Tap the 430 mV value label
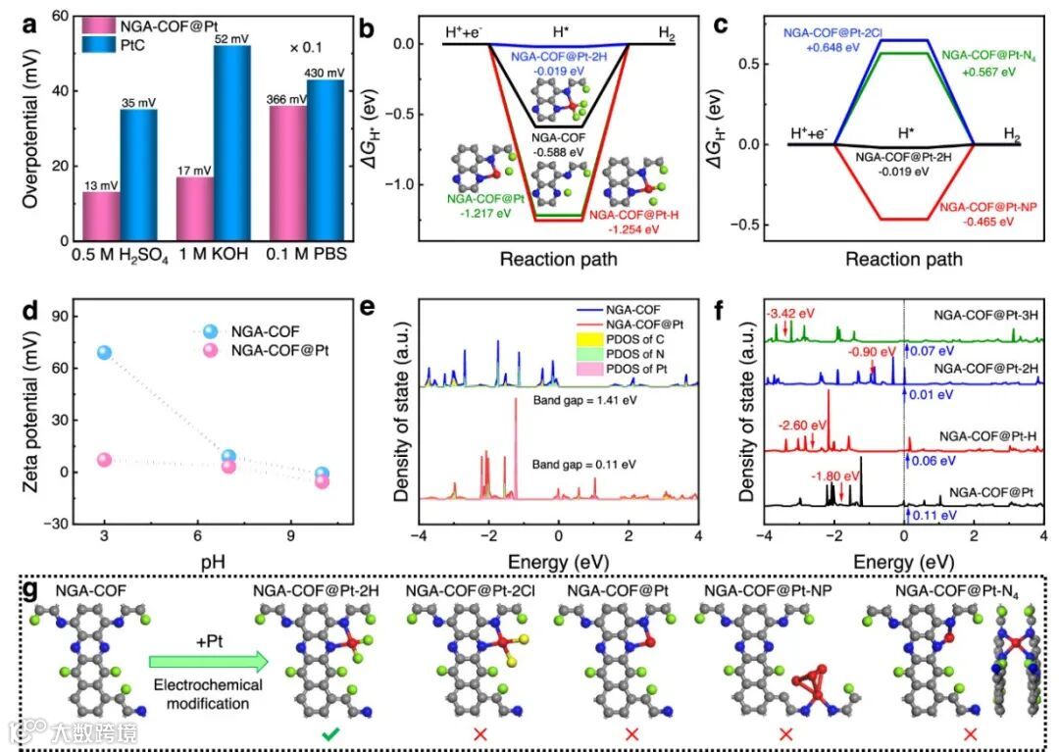pyautogui.click(x=326, y=73)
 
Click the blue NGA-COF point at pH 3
pyautogui.click(x=104, y=353)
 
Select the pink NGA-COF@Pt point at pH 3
pyautogui.click(x=104, y=460)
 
